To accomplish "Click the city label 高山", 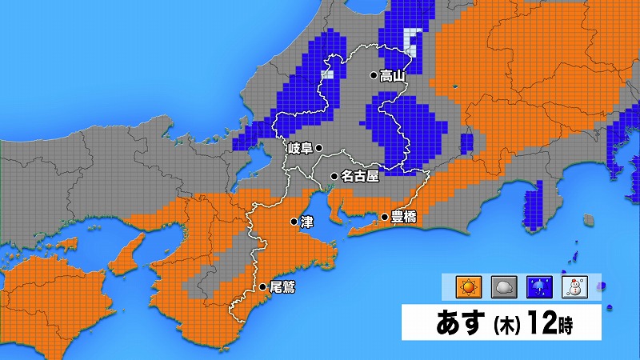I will [x=393, y=76].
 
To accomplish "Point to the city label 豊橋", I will [x=403, y=216].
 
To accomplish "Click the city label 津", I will [x=307, y=221].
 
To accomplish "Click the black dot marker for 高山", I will [x=373, y=76].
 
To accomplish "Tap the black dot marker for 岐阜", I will [x=318, y=147].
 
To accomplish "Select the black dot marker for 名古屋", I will [x=334, y=176].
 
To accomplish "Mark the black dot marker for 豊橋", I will [x=384, y=216].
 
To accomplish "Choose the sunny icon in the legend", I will [x=466, y=286].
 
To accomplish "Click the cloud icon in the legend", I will [x=503, y=286].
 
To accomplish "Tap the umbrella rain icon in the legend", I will [x=539, y=286].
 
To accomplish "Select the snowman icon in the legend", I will [x=575, y=286].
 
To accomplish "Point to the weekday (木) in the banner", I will [x=508, y=326].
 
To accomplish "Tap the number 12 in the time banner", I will [x=540, y=324].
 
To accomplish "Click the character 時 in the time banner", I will [x=566, y=325].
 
